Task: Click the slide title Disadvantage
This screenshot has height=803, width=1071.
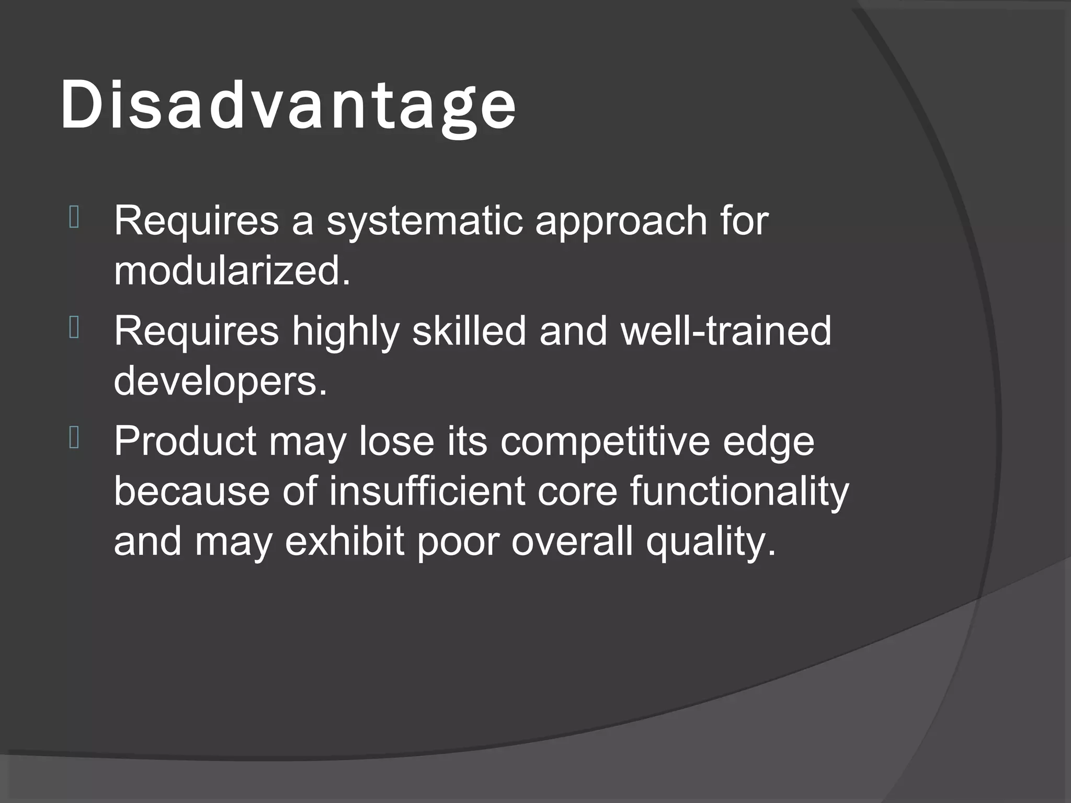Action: (288, 106)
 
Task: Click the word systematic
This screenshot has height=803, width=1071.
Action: (424, 221)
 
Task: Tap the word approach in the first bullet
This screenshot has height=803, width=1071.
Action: (621, 222)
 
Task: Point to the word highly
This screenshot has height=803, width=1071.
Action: (346, 332)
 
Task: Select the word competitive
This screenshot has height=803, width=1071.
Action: (605, 442)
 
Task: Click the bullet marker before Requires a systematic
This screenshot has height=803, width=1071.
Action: (74, 219)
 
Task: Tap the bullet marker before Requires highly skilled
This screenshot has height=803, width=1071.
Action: (74, 329)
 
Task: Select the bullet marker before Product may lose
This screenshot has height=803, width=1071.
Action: (74, 439)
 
